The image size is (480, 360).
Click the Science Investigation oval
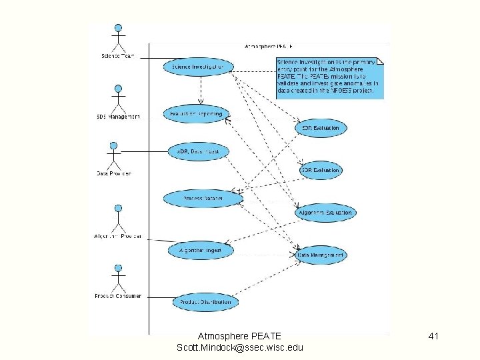[199, 67]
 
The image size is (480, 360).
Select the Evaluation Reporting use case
[196, 114]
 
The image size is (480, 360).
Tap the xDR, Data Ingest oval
[198, 152]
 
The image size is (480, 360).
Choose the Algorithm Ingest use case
[200, 251]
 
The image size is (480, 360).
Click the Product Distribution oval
[205, 302]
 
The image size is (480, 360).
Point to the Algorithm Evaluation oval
[325, 213]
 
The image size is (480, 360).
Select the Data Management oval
[320, 254]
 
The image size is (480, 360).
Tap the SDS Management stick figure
[118, 99]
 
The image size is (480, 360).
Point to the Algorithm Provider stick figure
[117, 217]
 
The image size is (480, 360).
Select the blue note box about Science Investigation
[330, 78]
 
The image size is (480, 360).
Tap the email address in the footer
[240, 348]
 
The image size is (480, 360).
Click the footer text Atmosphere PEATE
[240, 336]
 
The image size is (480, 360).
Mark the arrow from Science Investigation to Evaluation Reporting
[201, 89]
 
